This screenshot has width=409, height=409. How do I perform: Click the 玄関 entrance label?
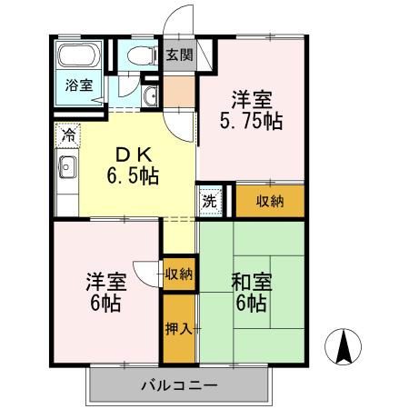[x=179, y=55]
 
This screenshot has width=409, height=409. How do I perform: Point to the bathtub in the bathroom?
[x=78, y=58]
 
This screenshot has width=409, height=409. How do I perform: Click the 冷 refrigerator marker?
[x=68, y=135]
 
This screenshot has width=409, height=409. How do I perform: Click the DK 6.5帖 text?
[x=133, y=165]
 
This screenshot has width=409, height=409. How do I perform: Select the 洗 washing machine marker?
[x=209, y=201]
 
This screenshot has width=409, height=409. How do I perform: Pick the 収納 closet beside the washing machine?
[x=269, y=201]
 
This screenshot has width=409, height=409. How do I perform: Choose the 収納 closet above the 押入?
[x=179, y=274]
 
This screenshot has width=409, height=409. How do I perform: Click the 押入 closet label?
[x=179, y=327]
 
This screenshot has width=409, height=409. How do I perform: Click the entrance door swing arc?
[x=179, y=20]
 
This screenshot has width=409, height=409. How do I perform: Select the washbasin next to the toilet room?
[x=151, y=95]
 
